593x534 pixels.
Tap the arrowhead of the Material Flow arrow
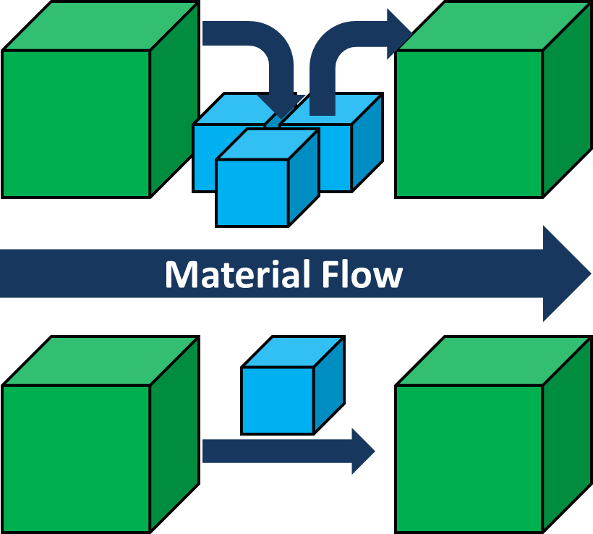pyautogui.click(x=568, y=274)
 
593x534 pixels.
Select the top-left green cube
pyautogui.click(x=76, y=123)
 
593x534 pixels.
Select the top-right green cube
pyautogui.click(x=469, y=123)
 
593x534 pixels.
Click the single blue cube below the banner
pyautogui.click(x=278, y=399)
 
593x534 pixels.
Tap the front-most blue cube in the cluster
pyautogui.click(x=253, y=192)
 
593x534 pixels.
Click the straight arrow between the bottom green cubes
pyautogui.click(x=275, y=451)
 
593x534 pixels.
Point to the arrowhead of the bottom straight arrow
pyautogui.click(x=362, y=451)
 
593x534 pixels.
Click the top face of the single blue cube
pyautogui.click(x=291, y=352)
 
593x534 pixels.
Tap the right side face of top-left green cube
pyautogui.click(x=174, y=109)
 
